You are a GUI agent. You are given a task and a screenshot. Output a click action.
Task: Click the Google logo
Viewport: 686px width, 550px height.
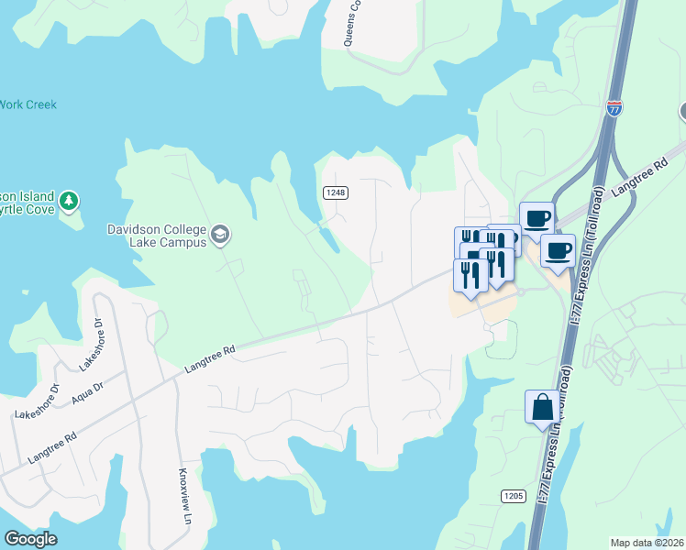(x=30, y=539)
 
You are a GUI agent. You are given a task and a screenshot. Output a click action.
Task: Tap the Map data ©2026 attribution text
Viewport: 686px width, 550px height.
(x=647, y=543)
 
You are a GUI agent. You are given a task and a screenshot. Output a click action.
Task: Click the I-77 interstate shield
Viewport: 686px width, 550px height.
(x=614, y=109)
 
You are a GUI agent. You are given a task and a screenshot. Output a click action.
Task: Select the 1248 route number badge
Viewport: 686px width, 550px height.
(x=334, y=192)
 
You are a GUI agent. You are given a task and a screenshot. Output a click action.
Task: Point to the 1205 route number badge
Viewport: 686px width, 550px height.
(x=513, y=496)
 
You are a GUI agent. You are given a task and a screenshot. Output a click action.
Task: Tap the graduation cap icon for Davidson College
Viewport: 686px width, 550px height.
(x=219, y=236)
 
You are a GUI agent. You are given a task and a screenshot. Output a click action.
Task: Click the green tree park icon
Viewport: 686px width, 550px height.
(x=69, y=201)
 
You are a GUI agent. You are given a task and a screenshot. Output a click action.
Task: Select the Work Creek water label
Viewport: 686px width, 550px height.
(x=28, y=105)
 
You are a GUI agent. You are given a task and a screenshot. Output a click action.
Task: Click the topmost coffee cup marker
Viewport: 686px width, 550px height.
(x=537, y=218)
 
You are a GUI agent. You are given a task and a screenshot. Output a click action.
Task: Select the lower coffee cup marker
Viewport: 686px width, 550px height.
(x=558, y=250)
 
